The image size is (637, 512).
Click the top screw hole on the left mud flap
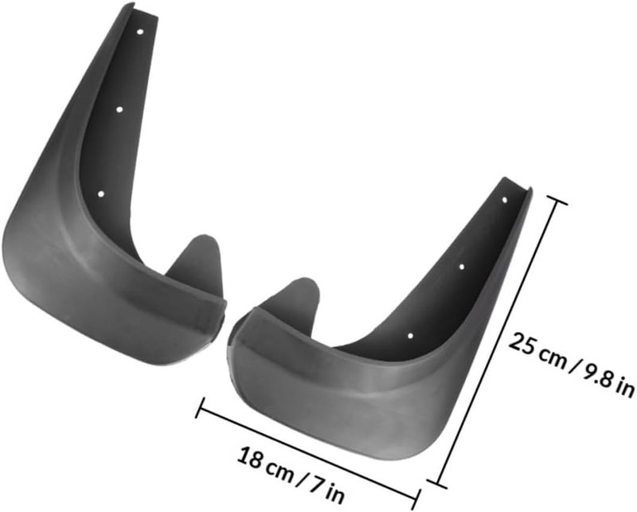tap(140, 32)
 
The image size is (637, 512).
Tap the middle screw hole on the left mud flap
tap(119, 109)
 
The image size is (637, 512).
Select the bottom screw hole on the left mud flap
tap(101, 194)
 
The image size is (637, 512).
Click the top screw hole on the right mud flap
tap(505, 200)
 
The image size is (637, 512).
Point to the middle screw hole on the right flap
tap(462, 267)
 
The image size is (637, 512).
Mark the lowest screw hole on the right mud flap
tap(410, 336)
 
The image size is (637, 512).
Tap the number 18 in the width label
tap(250, 457)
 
